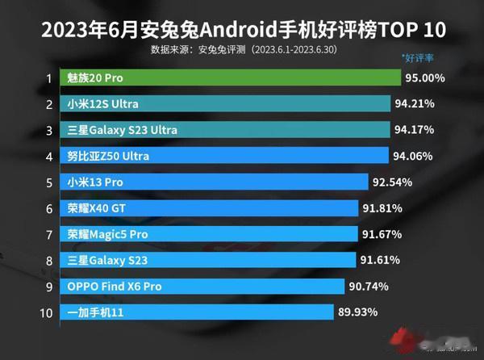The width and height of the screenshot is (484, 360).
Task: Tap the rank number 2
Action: point(49,104)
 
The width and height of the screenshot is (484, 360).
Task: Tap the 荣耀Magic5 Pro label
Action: point(108,233)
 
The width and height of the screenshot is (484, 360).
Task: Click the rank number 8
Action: point(49,260)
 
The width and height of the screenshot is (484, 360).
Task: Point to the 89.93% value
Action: point(359,312)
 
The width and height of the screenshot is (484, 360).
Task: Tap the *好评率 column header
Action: point(419,58)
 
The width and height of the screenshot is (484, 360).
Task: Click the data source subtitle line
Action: point(242,49)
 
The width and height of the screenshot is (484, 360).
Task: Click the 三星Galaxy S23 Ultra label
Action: point(123,130)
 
